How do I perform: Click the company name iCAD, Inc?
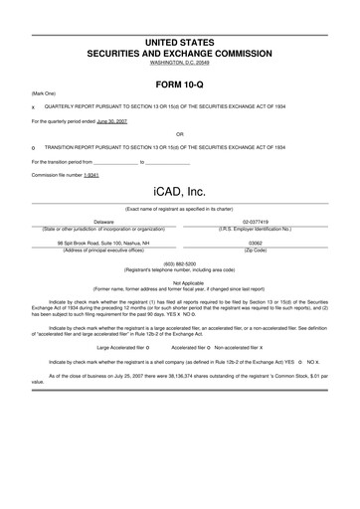click(x=179, y=188)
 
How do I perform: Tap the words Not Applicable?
click(x=179, y=282)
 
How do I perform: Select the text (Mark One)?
click(x=44, y=92)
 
